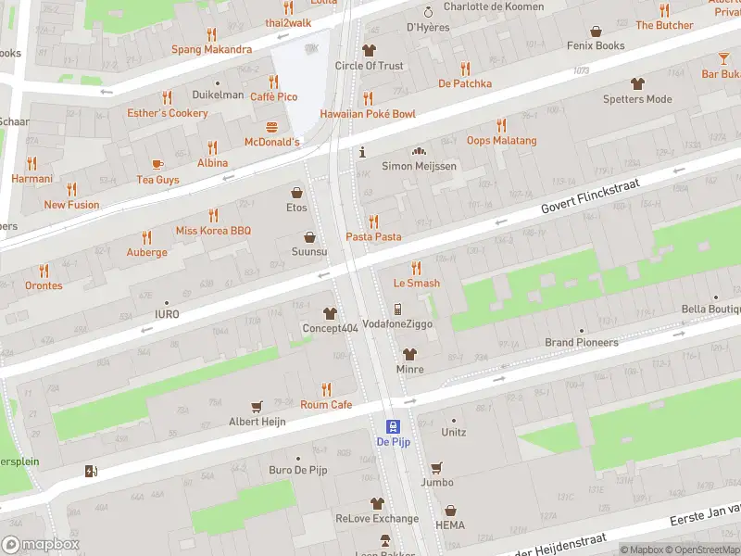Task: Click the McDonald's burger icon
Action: pos(272,127)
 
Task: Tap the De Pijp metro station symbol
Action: pos(393,426)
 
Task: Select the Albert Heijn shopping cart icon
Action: pos(257,406)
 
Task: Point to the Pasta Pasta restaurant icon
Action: pos(373,221)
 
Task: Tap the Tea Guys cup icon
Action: pos(157,164)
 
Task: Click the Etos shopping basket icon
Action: pos(296,193)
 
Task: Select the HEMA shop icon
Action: pos(450,511)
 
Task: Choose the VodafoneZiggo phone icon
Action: pos(397,309)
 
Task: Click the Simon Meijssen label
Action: pos(419,166)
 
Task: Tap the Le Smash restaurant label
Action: pos(416,284)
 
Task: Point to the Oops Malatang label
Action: pos(501,141)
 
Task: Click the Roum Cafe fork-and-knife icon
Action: pos(326,389)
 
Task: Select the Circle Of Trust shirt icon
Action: pos(369,50)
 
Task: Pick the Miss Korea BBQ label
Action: pos(213,230)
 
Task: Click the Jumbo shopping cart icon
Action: pos(435,467)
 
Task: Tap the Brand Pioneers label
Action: pos(581,343)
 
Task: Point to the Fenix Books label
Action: pos(597,45)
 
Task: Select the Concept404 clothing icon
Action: pos(329,313)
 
